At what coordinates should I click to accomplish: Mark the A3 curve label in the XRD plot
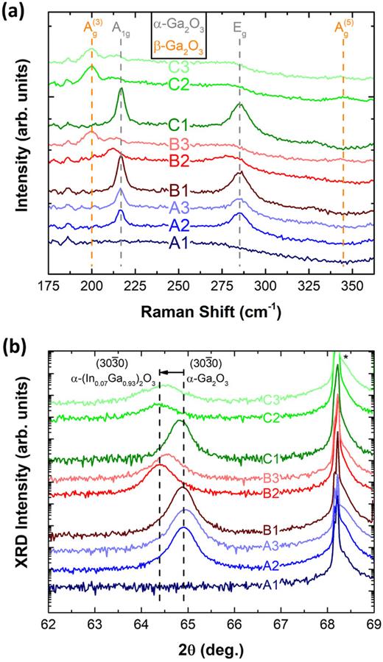pyautogui.click(x=298, y=544)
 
